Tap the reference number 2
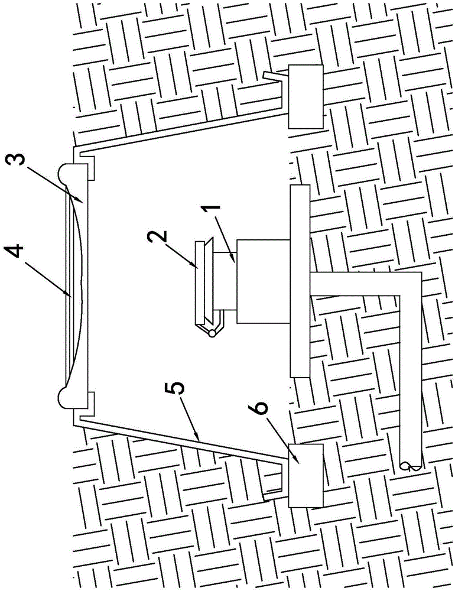point(158,237)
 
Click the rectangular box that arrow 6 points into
point(305,475)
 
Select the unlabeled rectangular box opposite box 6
point(305,96)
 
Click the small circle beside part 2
point(213,333)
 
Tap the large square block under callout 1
point(263,281)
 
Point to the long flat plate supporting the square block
point(300,281)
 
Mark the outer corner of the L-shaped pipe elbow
point(421,272)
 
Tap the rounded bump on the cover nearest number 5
point(64,398)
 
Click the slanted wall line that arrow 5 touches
point(181,440)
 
